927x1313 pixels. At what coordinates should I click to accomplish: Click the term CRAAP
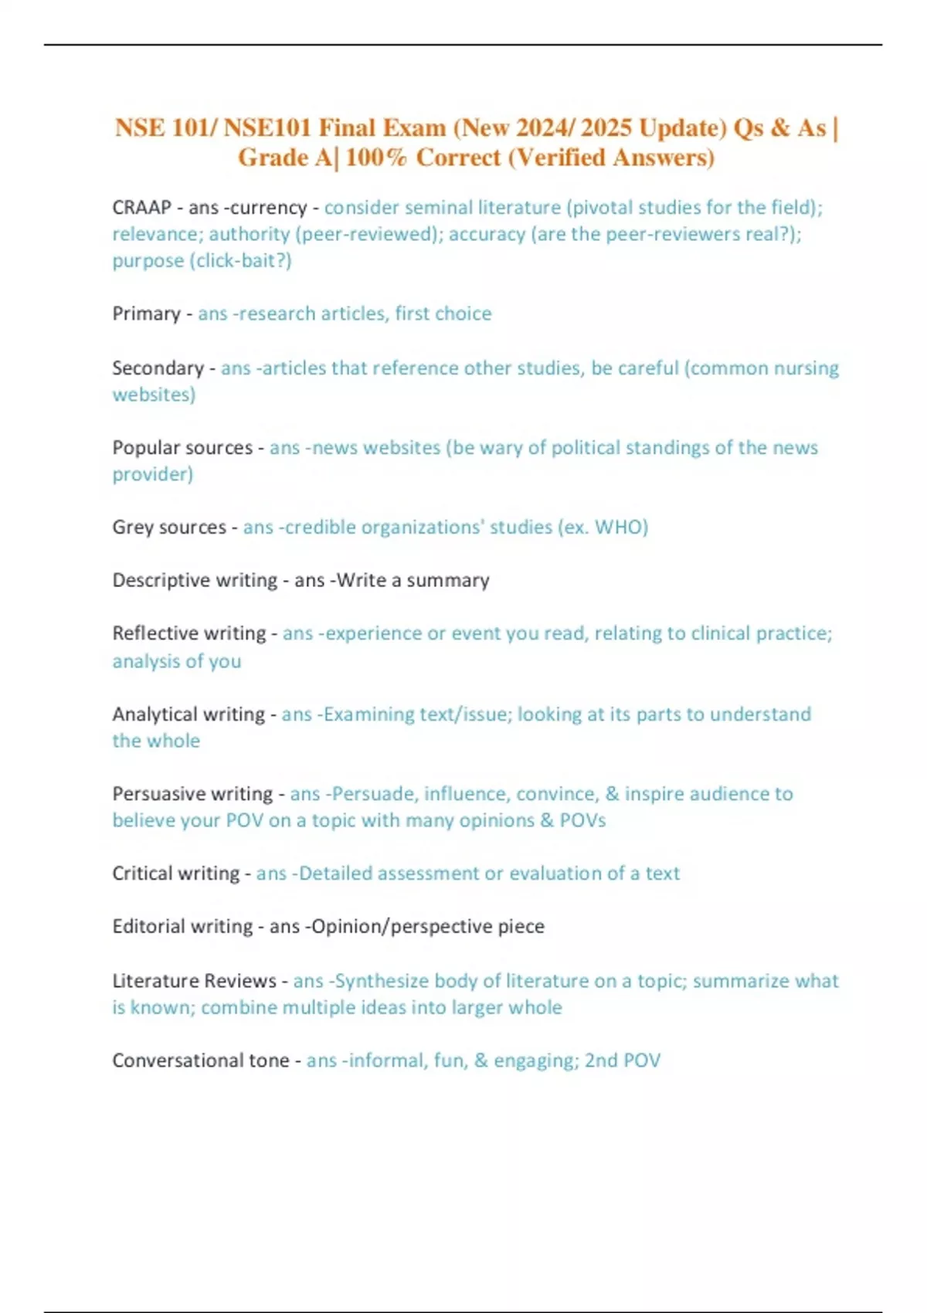pyautogui.click(x=141, y=208)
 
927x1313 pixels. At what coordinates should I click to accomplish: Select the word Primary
pyautogui.click(x=146, y=314)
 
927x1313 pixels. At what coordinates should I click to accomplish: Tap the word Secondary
pyautogui.click(x=158, y=368)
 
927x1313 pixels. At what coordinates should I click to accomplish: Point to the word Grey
pyautogui.click(x=132, y=527)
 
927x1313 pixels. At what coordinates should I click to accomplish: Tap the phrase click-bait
pyautogui.click(x=239, y=260)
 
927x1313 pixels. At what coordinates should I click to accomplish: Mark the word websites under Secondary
pyautogui.click(x=154, y=395)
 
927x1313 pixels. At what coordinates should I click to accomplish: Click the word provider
pyautogui.click(x=152, y=474)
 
